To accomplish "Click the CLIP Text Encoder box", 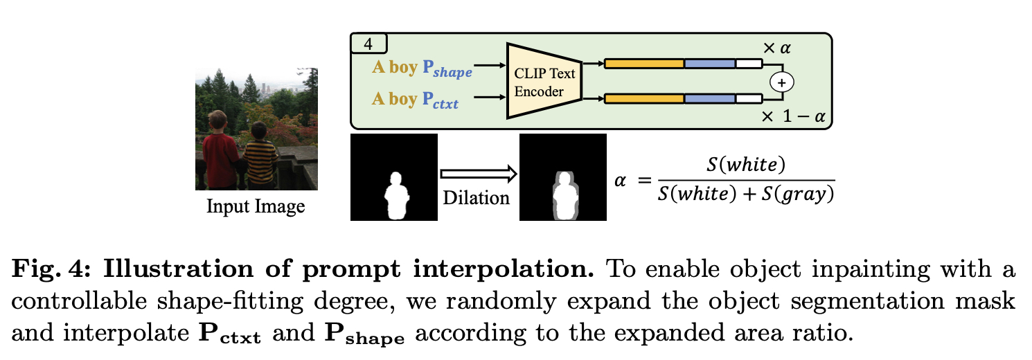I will [544, 82].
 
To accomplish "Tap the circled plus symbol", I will [782, 82].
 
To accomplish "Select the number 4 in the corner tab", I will [368, 44].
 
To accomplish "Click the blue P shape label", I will [447, 69].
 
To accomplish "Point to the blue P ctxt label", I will [441, 100].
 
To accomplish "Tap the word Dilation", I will [476, 197].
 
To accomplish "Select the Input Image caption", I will [256, 206].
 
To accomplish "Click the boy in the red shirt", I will [221, 145].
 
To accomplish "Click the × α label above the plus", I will [776, 48].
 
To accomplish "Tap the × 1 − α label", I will [794, 116].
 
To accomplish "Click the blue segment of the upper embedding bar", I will [710, 64].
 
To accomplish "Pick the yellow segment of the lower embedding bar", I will [644, 99].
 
